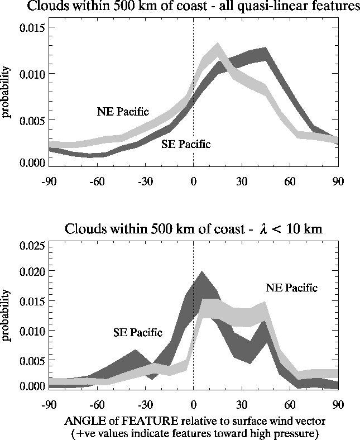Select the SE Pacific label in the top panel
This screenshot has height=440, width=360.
point(186,145)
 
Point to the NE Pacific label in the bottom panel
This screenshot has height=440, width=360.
point(291,288)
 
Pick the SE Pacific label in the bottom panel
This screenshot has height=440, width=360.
point(138,333)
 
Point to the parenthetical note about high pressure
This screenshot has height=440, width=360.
point(193,432)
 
